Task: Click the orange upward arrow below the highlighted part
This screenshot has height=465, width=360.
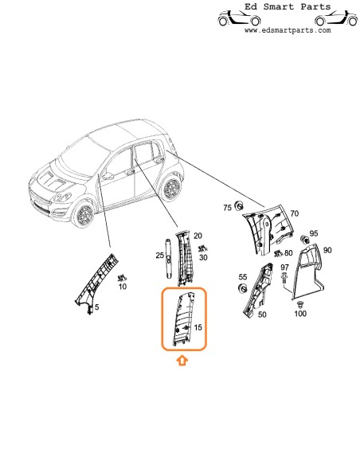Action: (x=182, y=361)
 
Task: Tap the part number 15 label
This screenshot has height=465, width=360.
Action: (x=198, y=327)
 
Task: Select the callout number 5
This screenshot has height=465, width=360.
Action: (x=98, y=307)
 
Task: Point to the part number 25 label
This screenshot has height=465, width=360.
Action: (x=160, y=256)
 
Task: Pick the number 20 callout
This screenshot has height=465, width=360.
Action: (x=198, y=236)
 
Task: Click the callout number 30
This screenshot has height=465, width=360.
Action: (x=204, y=258)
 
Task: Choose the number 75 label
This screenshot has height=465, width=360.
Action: (x=227, y=208)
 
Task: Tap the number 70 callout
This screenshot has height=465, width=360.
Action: (x=294, y=214)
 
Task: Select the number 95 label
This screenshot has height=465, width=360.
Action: (x=313, y=232)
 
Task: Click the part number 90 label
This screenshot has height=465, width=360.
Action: (x=327, y=251)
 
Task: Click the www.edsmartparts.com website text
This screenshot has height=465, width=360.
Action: (x=287, y=30)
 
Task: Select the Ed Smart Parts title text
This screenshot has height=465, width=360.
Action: (x=287, y=7)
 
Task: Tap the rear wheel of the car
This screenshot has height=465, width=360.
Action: (x=169, y=190)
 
